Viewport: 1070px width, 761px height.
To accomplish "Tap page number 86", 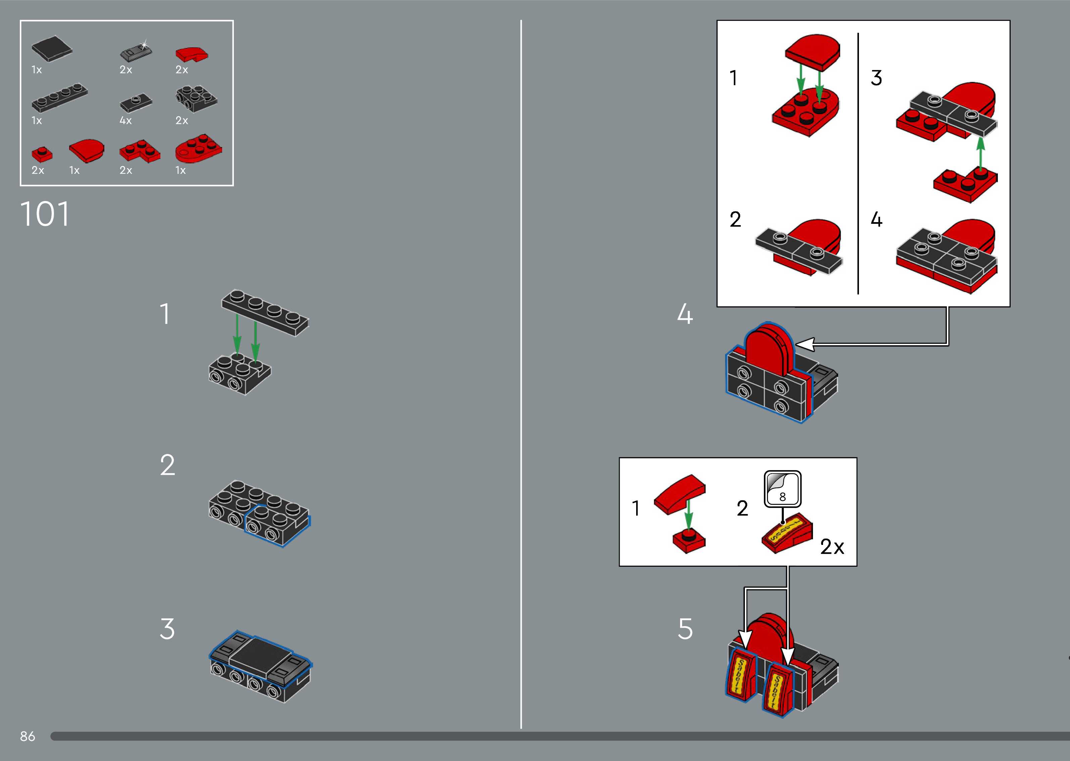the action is click(28, 736).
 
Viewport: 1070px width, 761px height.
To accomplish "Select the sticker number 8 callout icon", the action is click(782, 489).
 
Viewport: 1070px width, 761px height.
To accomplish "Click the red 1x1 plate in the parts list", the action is click(42, 154).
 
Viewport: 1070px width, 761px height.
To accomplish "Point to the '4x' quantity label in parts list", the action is click(125, 120).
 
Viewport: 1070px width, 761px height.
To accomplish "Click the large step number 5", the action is click(685, 629).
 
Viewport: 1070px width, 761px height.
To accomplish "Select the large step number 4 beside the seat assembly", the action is click(684, 314).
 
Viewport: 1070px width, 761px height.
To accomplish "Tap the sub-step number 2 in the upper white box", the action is click(735, 219).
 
